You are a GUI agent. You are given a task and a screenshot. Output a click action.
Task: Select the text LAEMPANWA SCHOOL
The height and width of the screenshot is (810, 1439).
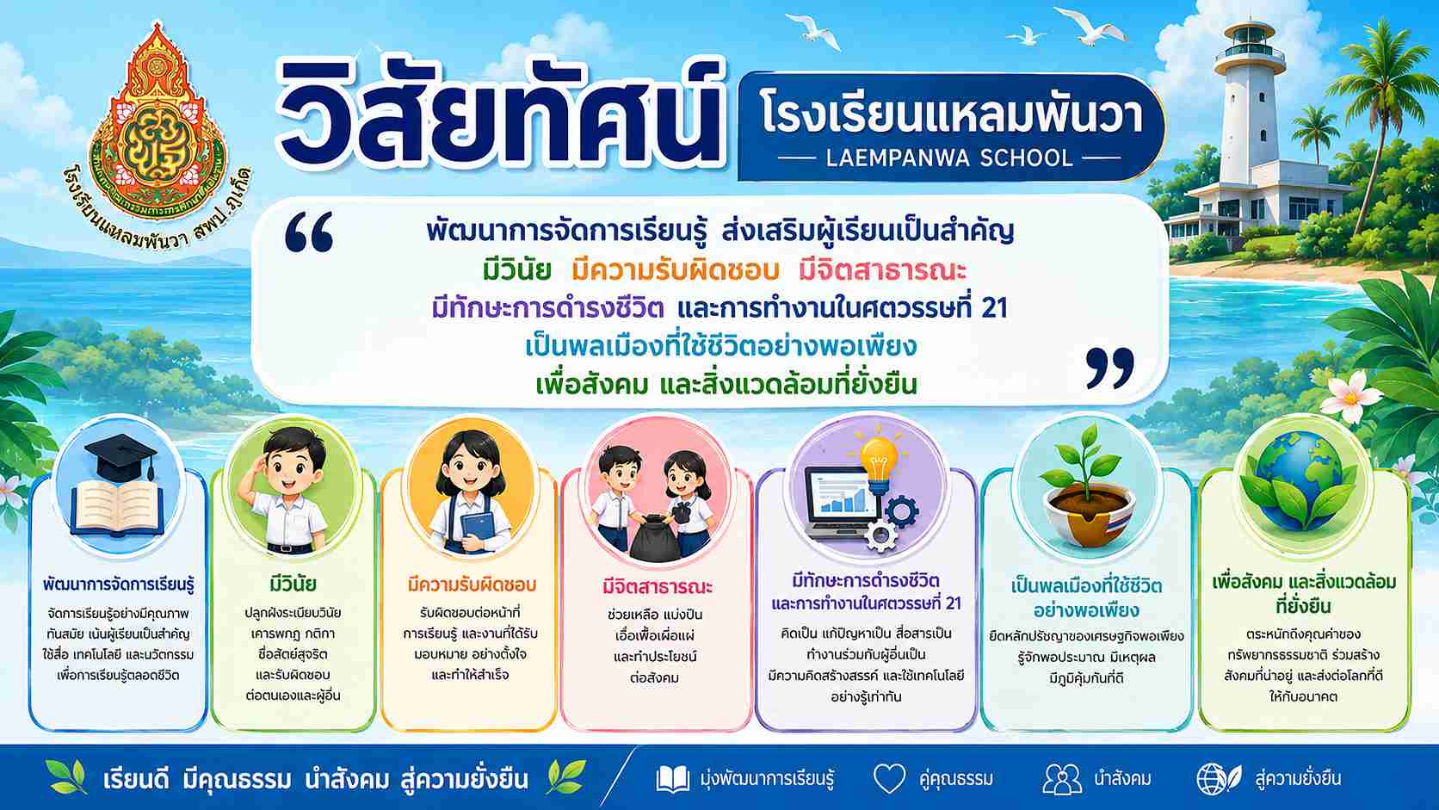coord(949,158)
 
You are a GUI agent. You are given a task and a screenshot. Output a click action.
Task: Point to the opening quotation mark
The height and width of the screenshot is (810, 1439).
coord(309,232)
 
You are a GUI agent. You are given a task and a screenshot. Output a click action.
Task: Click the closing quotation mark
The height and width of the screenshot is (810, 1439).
coord(1110,368)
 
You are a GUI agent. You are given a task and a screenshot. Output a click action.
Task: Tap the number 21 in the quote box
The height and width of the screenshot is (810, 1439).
coord(994,309)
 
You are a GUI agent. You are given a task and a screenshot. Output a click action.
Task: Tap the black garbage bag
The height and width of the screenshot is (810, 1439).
coord(654,537)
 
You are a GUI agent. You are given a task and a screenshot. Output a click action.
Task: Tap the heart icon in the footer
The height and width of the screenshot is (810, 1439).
coord(890,778)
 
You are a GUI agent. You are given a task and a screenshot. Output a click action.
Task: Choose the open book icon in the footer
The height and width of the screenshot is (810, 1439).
coord(673,779)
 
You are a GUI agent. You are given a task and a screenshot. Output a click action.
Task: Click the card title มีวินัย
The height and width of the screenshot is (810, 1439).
coord(293,584)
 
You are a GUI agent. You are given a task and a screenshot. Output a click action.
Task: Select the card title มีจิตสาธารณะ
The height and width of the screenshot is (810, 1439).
coord(658,586)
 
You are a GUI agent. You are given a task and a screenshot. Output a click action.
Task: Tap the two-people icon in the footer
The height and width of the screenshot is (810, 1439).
coord(1062,779)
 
